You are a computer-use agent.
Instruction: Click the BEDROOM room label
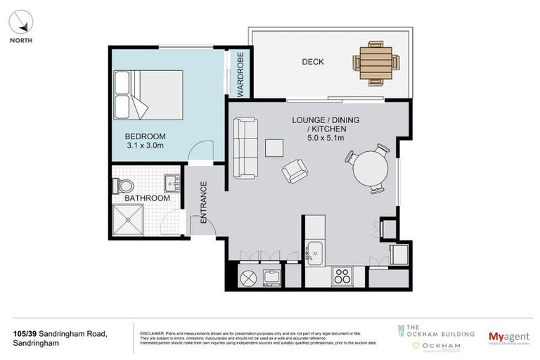click(x=145, y=136)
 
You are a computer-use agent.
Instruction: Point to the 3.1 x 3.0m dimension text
click(x=145, y=146)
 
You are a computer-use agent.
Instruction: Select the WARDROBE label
click(x=240, y=74)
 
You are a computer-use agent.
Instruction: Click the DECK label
click(x=313, y=62)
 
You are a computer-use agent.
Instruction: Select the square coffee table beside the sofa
click(x=274, y=146)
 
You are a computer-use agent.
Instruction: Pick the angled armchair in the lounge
click(x=295, y=171)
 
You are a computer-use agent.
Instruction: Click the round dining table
click(x=371, y=169)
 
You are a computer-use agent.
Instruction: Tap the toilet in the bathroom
click(x=124, y=186)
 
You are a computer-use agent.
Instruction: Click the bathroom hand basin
click(x=172, y=184)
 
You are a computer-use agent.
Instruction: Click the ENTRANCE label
click(x=204, y=202)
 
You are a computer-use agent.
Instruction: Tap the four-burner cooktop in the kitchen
click(x=342, y=276)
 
